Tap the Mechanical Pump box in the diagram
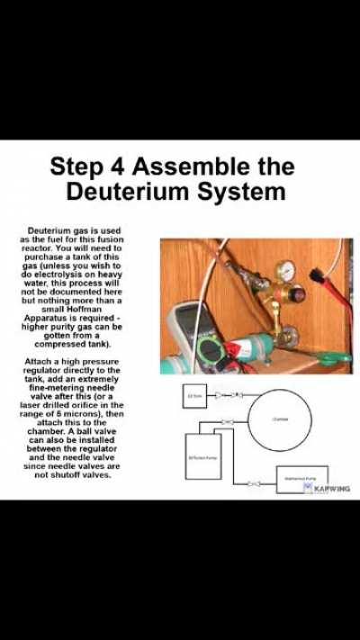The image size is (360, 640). click(301, 479)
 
